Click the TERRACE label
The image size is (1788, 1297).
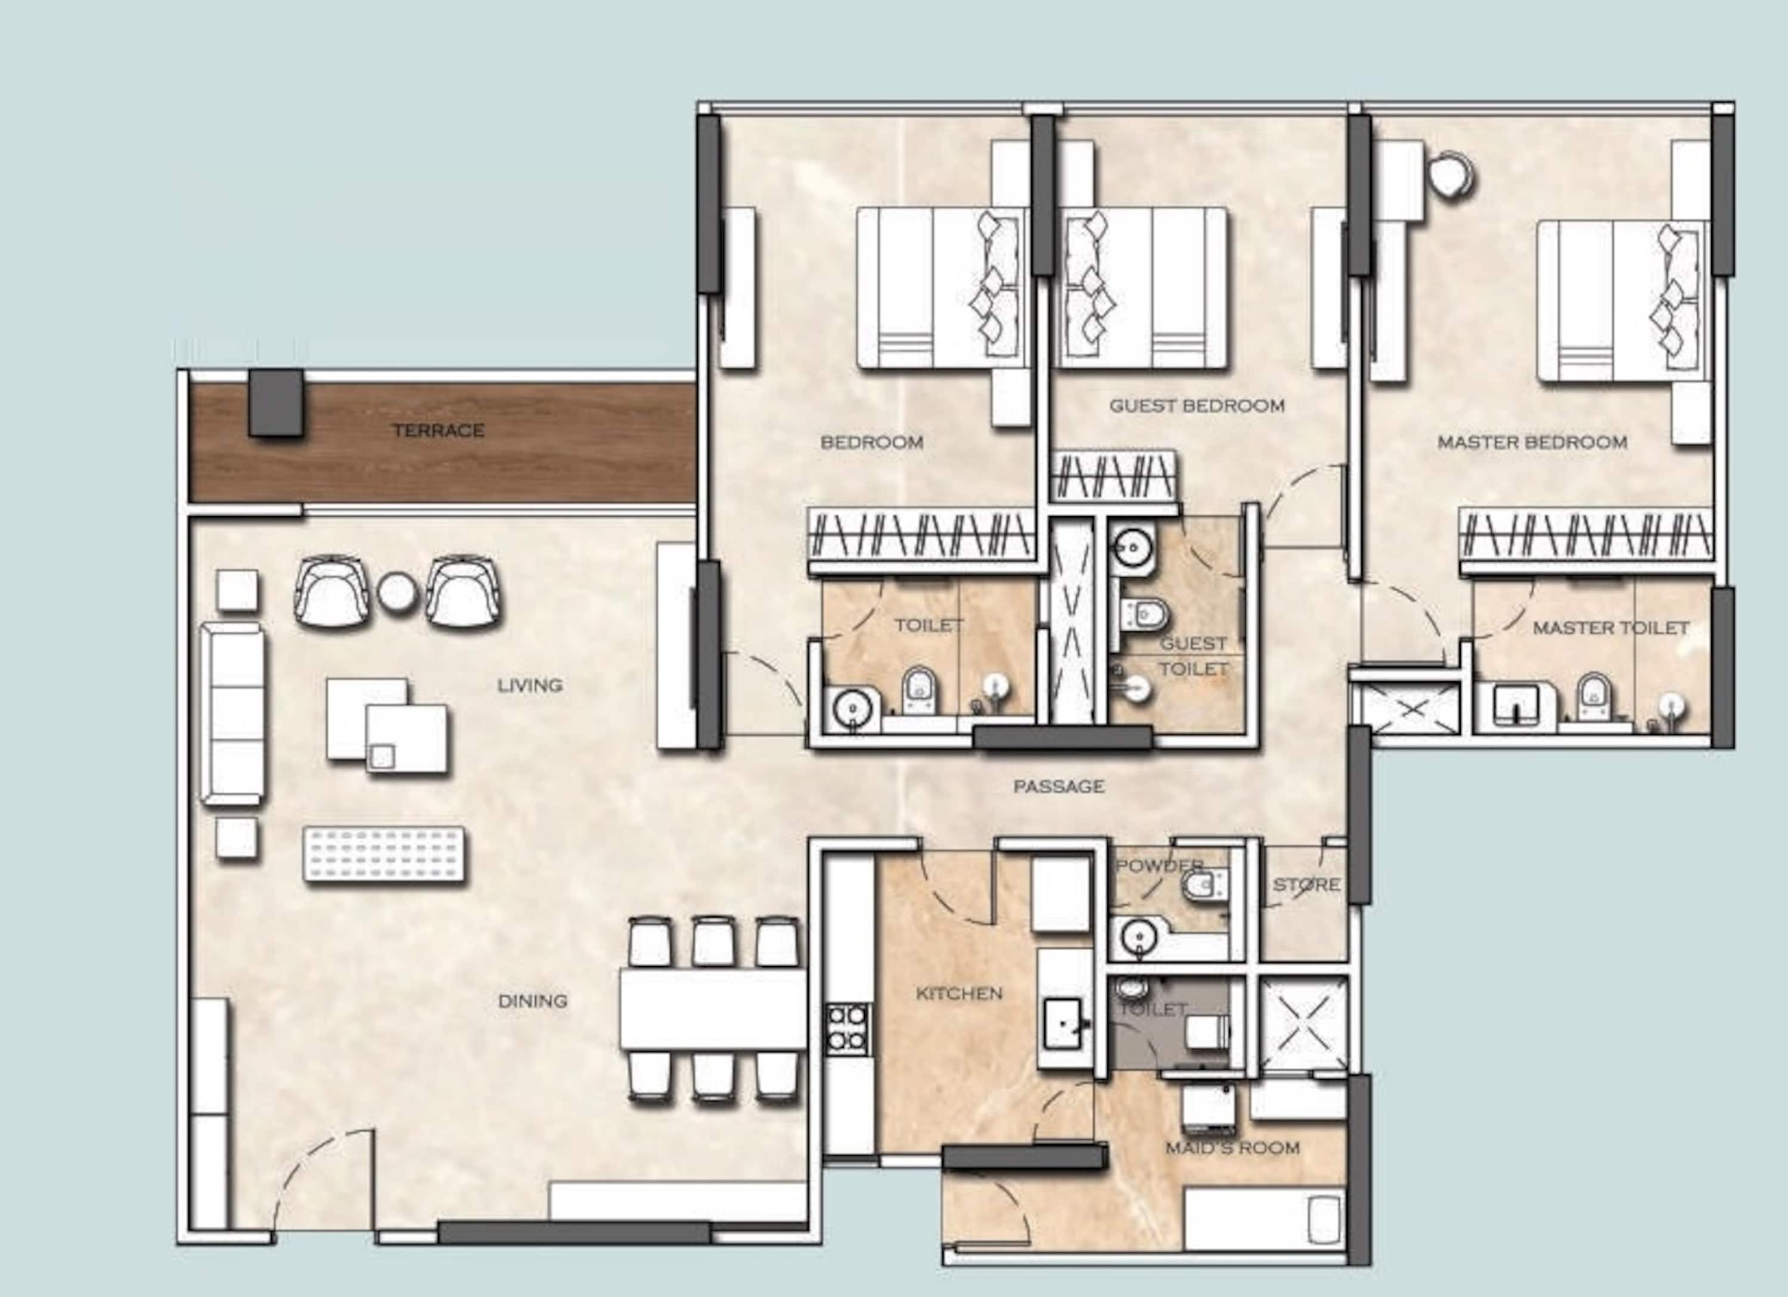coord(438,430)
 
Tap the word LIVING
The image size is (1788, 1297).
coord(530,685)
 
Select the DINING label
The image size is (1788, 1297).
coord(533,1001)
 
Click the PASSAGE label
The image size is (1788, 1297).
coord(1058,786)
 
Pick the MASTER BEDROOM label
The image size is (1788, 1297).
coord(1532,442)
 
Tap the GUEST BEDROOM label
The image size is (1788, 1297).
coord(1197,406)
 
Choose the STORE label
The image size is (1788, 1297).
coord(1306,885)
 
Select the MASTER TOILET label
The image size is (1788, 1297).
coord(1610,628)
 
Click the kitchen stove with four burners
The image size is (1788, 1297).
coord(848,1029)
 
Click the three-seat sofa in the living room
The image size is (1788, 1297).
coord(231,713)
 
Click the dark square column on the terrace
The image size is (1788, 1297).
coord(276,402)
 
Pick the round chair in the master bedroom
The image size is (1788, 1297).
coord(1451,175)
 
